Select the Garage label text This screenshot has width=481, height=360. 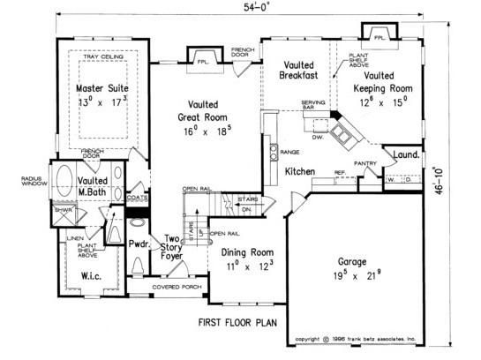pyautogui.click(x=359, y=262)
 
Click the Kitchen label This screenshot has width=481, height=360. pyautogui.click(x=301, y=170)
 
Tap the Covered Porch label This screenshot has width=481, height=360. pyautogui.click(x=178, y=288)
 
